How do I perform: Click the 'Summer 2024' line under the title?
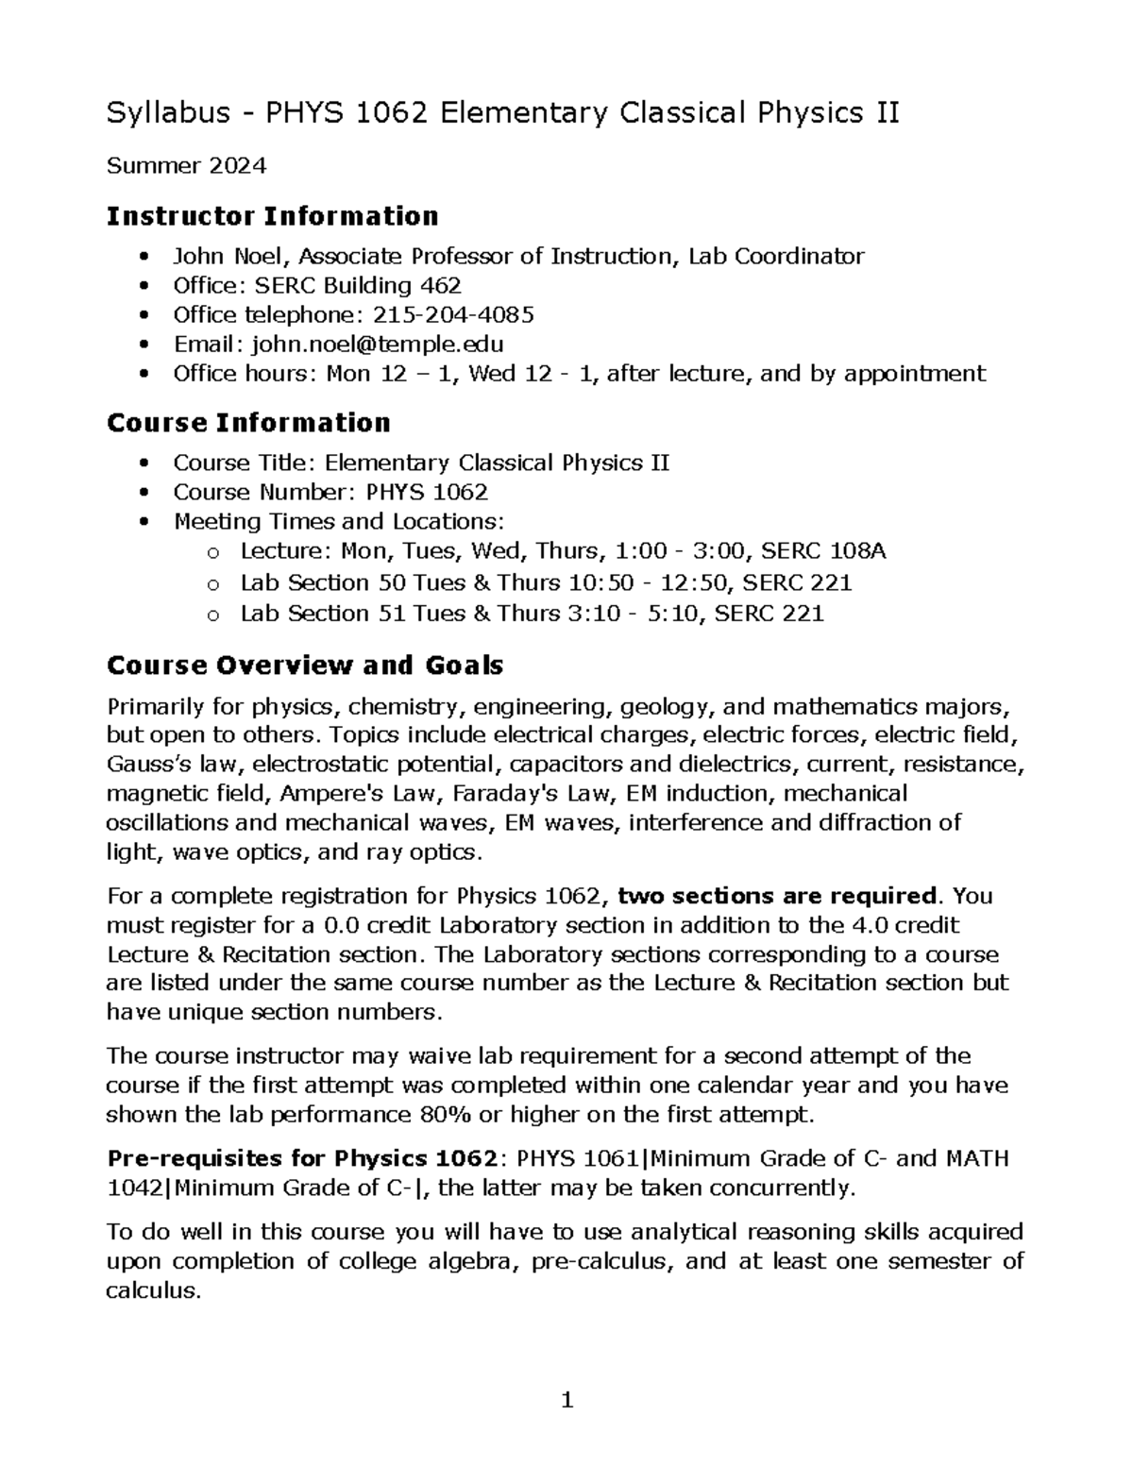click(186, 167)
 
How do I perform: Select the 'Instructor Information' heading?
click(272, 217)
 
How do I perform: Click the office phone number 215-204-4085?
click(454, 314)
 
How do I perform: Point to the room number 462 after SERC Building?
click(440, 285)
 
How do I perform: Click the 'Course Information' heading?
click(248, 423)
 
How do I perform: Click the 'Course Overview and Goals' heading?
click(304, 666)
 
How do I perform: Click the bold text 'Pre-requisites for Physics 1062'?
click(302, 1158)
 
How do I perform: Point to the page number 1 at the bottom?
click(566, 1400)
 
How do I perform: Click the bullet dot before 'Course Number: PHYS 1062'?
click(144, 493)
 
